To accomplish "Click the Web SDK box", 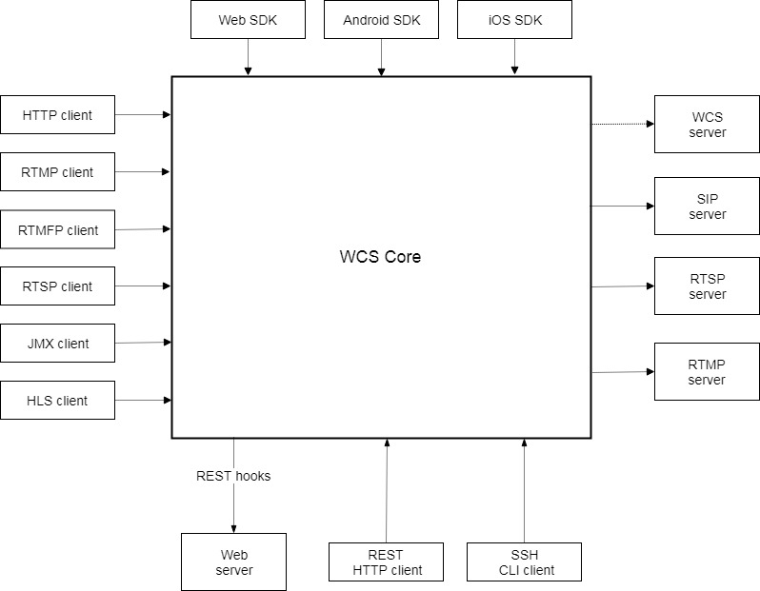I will click(x=248, y=19).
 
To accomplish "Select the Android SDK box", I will click(x=381, y=19).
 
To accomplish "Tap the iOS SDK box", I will click(x=514, y=19).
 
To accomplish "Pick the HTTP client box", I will click(x=57, y=115).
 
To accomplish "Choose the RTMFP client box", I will click(x=57, y=229).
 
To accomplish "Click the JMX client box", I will click(x=57, y=344).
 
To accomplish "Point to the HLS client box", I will click(x=57, y=401).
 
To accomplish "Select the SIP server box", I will click(x=707, y=206).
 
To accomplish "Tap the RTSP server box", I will click(x=707, y=286).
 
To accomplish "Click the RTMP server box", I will click(x=707, y=371).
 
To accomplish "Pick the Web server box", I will click(x=233, y=561).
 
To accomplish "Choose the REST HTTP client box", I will click(x=386, y=561).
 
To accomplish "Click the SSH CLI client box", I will click(x=524, y=561).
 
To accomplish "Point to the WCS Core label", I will click(x=380, y=257).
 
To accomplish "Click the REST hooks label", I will click(x=233, y=476).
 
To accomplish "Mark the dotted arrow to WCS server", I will click(x=622, y=124).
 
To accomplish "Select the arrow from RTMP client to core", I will click(x=143, y=172).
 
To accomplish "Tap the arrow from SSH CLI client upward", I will click(x=524, y=490).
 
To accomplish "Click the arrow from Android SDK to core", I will click(x=381, y=57).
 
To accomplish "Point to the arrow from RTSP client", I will click(x=143, y=286).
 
